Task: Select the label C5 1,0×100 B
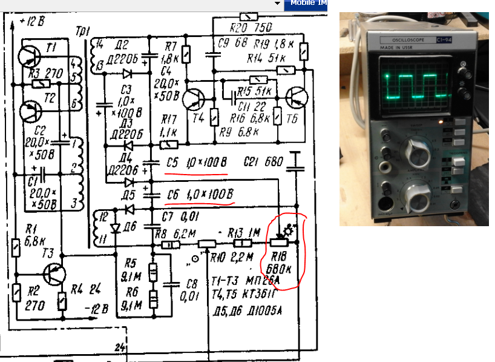click(x=196, y=163)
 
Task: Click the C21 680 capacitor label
click(x=260, y=162)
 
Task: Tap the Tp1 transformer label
click(x=84, y=31)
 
